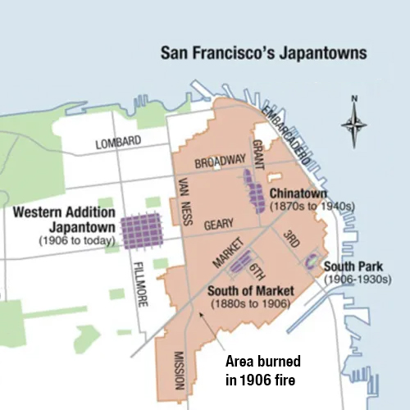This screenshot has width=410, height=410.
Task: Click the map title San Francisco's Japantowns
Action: point(263,57)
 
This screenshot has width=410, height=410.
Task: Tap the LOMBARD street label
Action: point(118,143)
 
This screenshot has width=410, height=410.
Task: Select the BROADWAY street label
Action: point(220,158)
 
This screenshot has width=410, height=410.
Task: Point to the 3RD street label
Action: point(291,238)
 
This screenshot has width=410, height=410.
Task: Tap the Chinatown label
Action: point(298,193)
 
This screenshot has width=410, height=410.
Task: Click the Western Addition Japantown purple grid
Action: point(144,231)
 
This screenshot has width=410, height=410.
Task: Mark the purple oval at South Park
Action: point(312,262)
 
